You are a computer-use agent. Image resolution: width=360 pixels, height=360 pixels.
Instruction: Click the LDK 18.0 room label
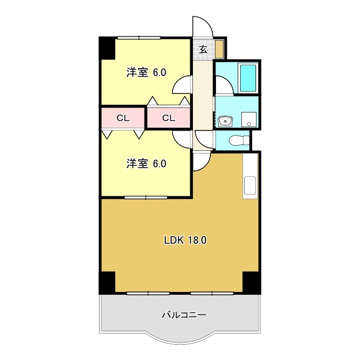(x=185, y=240)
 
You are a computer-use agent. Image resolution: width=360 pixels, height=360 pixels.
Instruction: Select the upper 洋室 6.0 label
(x=146, y=72)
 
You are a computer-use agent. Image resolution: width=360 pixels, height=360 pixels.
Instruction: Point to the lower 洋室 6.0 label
(x=146, y=164)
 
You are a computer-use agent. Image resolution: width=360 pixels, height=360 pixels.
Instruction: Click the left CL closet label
(x=123, y=118)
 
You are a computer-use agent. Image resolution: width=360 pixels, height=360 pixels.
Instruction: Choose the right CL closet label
(x=169, y=118)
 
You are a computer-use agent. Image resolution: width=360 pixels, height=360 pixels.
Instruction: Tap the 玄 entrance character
(x=203, y=49)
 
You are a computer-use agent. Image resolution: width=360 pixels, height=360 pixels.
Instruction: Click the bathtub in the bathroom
(x=247, y=78)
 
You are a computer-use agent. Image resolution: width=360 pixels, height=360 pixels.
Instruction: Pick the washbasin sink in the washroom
(x=226, y=120)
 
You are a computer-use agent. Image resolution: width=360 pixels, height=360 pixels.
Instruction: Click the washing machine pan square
(x=248, y=119)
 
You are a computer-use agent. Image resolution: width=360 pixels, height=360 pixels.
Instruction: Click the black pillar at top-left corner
(x=107, y=48)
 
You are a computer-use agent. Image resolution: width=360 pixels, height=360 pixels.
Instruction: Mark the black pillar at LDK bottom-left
(x=107, y=282)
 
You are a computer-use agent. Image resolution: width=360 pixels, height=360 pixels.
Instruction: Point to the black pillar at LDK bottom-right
(x=251, y=282)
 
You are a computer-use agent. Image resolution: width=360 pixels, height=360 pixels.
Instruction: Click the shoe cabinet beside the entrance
(x=219, y=49)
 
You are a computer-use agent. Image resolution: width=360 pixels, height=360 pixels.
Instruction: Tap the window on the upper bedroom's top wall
(x=138, y=37)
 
